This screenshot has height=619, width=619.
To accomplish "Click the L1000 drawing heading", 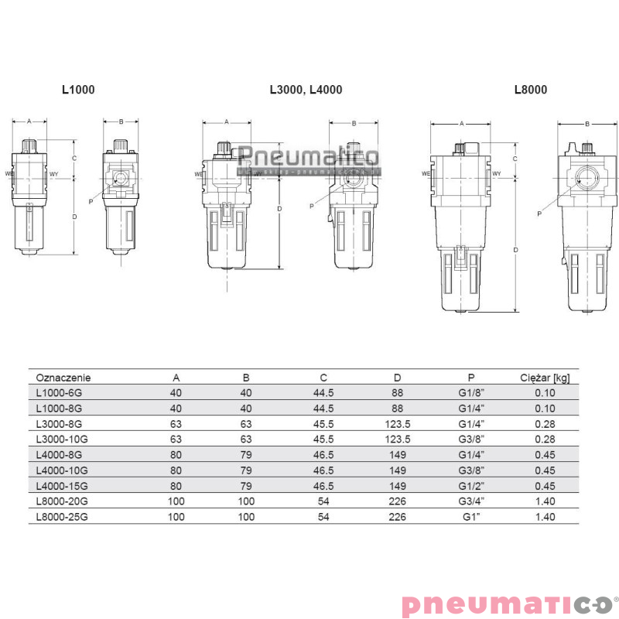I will click(78, 90).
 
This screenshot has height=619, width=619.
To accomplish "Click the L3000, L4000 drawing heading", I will click(306, 90).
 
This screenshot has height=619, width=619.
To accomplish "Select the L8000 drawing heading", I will click(531, 90).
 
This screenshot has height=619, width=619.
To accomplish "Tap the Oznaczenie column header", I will click(63, 378).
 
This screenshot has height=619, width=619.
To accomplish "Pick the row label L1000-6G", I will click(59, 393).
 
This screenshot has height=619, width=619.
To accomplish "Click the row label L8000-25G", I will click(61, 516).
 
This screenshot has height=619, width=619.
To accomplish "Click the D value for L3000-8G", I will click(397, 424).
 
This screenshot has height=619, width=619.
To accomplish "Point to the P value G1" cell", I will click(471, 516).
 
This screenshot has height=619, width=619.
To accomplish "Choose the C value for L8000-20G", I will click(323, 501).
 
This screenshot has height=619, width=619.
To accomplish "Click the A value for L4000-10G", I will click(176, 470).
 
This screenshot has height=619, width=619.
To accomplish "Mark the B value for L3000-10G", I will click(246, 439).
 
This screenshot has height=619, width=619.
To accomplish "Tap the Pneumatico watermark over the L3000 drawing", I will click(308, 158).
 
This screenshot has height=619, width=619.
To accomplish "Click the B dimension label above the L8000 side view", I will click(587, 124).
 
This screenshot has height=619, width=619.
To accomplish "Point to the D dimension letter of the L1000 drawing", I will click(74, 217).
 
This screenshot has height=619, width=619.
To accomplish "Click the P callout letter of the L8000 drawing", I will click(539, 214).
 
